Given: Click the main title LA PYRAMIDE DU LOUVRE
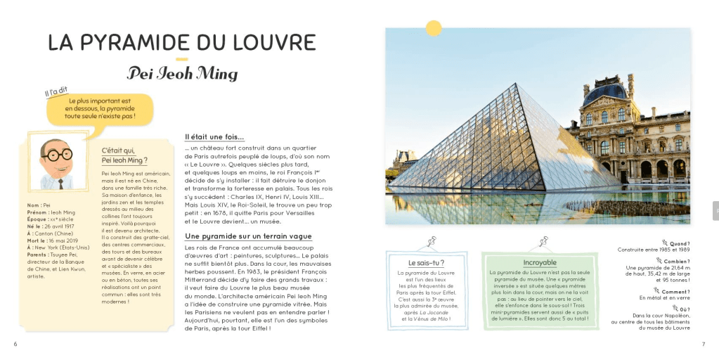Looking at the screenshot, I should (181, 43).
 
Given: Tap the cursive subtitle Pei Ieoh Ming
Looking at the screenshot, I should (182, 73).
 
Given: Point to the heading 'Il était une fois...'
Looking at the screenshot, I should (214, 136).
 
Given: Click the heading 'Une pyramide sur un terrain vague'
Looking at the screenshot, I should (248, 236).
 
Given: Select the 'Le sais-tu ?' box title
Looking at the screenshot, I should (426, 263).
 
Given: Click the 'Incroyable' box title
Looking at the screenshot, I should (540, 263).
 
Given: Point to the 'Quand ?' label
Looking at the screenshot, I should (680, 243).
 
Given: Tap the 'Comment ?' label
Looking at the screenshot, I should (675, 292).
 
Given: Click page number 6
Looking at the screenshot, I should (15, 344).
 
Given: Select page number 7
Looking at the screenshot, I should (703, 344).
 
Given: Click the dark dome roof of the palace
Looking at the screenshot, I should (605, 91).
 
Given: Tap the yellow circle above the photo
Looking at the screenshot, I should (434, 28).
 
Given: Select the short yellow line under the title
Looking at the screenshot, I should (181, 59).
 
